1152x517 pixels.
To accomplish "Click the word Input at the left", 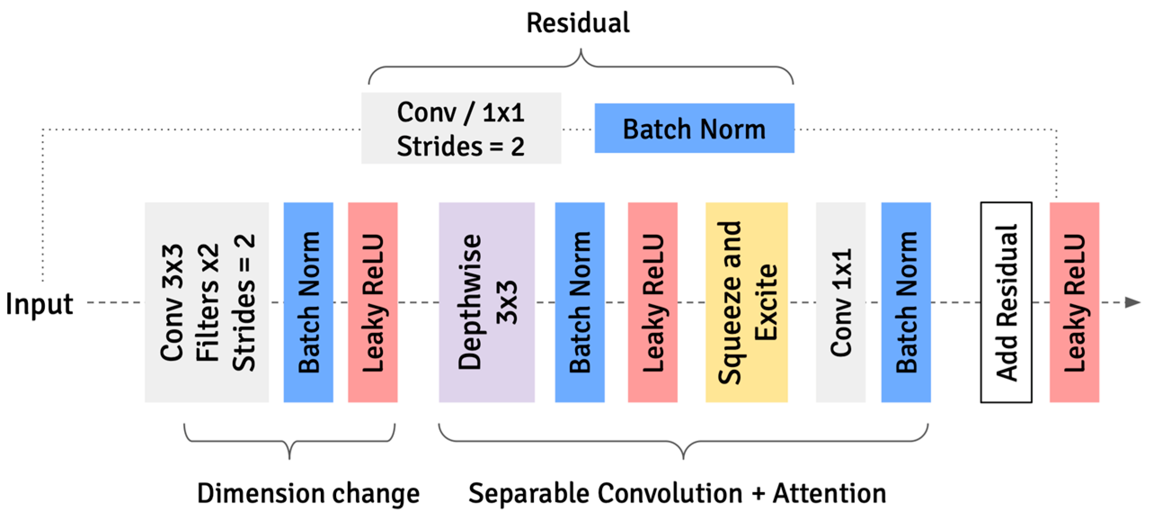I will pyautogui.click(x=39, y=304).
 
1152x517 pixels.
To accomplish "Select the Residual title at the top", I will pyautogui.click(x=578, y=23).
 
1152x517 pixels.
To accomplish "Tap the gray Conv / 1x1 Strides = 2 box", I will pyautogui.click(x=461, y=129).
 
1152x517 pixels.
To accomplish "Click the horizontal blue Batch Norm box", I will pyautogui.click(x=694, y=129).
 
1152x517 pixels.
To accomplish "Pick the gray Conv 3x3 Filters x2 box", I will pyautogui.click(x=207, y=302).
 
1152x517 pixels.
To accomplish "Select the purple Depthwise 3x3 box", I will pyautogui.click(x=487, y=302).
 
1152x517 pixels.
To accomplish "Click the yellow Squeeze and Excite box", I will pyautogui.click(x=746, y=302).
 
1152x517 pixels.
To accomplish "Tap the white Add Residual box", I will pyautogui.click(x=1006, y=302).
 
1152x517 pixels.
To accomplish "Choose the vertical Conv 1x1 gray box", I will pyautogui.click(x=841, y=302).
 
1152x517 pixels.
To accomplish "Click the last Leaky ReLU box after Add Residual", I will pyautogui.click(x=1074, y=302).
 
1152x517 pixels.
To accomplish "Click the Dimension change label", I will pyautogui.click(x=308, y=493).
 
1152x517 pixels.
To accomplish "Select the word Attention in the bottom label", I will pyautogui.click(x=829, y=493).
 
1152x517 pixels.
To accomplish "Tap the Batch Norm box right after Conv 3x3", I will pyautogui.click(x=308, y=302).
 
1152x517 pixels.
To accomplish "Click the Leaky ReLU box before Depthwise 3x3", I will pyautogui.click(x=372, y=302).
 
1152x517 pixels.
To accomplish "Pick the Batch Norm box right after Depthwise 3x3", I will pyautogui.click(x=580, y=302).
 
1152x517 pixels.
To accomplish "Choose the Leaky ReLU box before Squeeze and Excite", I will pyautogui.click(x=652, y=302).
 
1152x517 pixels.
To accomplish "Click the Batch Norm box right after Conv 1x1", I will pyautogui.click(x=906, y=302).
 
